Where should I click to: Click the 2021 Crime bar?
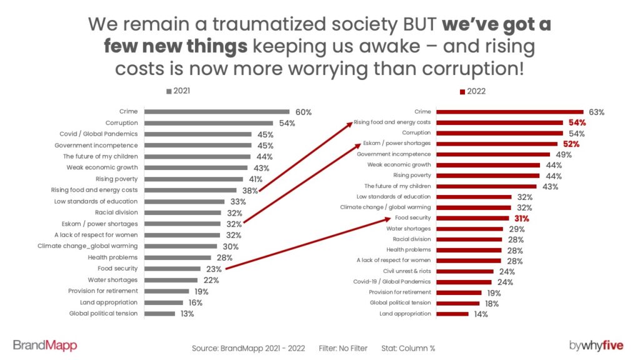[x=217, y=112]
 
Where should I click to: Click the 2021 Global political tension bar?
[x=160, y=314]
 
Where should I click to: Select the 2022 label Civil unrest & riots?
[x=402, y=271]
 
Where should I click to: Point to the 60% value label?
[x=303, y=112]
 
